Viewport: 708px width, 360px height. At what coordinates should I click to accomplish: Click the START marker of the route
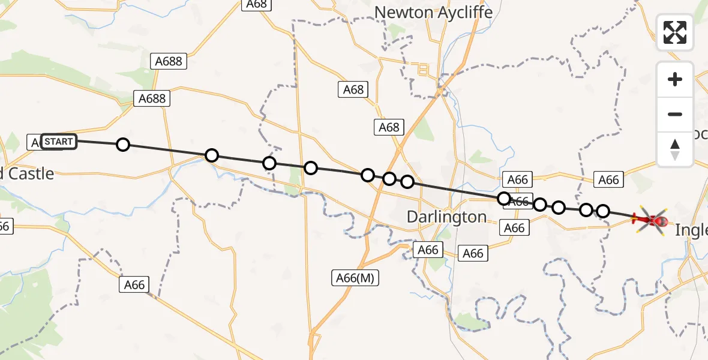point(59,142)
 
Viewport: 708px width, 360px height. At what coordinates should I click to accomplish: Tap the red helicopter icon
point(650,221)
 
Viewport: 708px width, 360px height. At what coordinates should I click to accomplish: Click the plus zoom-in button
point(675,79)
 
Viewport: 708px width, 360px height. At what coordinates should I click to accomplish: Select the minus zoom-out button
point(675,114)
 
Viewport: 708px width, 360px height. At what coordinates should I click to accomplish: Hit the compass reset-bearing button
point(675,149)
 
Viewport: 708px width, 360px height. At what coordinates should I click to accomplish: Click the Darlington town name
point(446,217)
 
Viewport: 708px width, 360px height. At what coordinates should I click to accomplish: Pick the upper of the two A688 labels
point(169,61)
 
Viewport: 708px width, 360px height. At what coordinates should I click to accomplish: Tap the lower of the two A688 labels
point(152,98)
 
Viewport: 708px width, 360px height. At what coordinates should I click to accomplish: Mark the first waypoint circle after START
point(122,145)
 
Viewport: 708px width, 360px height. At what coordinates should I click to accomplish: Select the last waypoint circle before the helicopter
point(603,211)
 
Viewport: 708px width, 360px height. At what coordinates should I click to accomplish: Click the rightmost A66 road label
point(608,179)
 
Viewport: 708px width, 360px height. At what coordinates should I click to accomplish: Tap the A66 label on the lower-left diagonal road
point(134,284)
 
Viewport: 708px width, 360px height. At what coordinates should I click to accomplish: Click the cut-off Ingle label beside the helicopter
point(691,230)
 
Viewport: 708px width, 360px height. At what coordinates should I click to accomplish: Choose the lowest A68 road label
point(389,127)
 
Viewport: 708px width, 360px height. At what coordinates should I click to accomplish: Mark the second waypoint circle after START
point(211,156)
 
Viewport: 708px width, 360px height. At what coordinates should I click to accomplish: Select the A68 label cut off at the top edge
point(256,5)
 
